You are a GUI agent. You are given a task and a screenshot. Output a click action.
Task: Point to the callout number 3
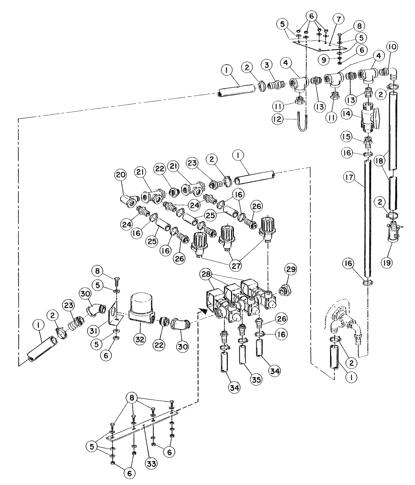click(x=267, y=65)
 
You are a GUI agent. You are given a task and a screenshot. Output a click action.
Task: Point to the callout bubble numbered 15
click(x=347, y=138)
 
